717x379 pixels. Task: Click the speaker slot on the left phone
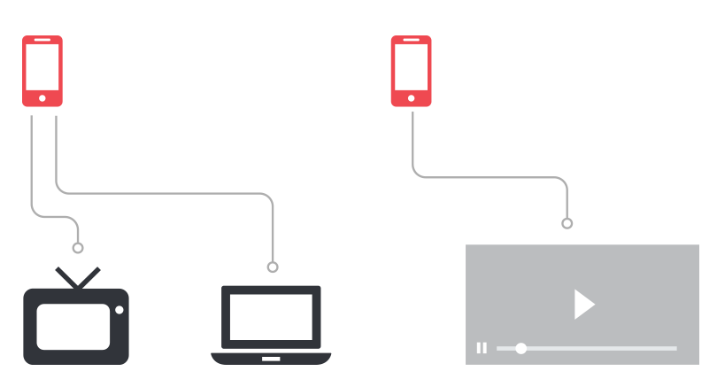pos(42,40)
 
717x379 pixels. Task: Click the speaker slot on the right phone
pos(411,40)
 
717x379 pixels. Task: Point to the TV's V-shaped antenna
pos(78,276)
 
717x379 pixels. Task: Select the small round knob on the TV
pos(119,310)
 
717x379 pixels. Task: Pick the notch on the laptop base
pos(271,359)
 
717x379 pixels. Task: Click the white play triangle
pos(582,304)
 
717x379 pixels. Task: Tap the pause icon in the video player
pos(482,348)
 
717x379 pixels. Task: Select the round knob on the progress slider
pos(521,348)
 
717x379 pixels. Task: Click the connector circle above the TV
pos(78,248)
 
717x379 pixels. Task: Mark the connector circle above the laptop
pos(273,267)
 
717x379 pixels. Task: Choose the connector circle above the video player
pos(567,223)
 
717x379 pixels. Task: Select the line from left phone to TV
pos(32,168)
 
